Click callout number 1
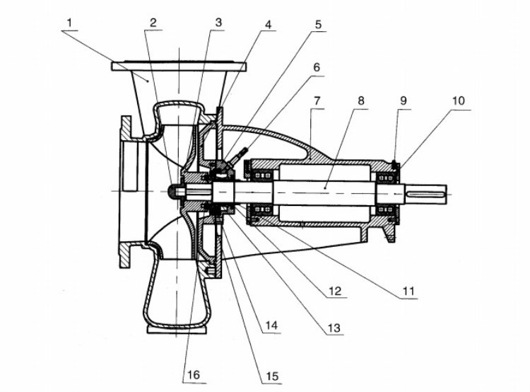[70, 23]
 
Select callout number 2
[153, 23]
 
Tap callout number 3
[218, 23]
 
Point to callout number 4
[268, 24]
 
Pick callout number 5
[319, 24]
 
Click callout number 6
[317, 67]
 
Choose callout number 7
[317, 100]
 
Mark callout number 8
[361, 100]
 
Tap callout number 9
[404, 100]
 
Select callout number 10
[459, 100]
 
